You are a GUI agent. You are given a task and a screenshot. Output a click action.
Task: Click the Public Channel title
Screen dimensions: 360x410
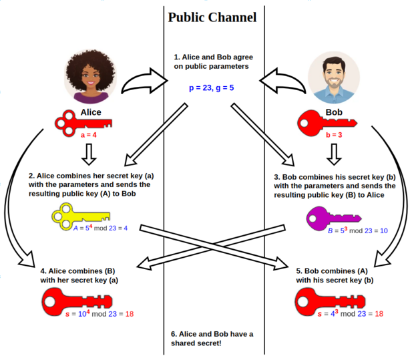pos(212,17)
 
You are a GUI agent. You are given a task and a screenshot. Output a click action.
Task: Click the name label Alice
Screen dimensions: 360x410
pos(91,112)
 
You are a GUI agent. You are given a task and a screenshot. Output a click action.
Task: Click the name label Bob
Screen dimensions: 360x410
pos(332,112)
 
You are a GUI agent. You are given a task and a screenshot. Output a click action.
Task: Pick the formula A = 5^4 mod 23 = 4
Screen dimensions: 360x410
pos(100,228)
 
